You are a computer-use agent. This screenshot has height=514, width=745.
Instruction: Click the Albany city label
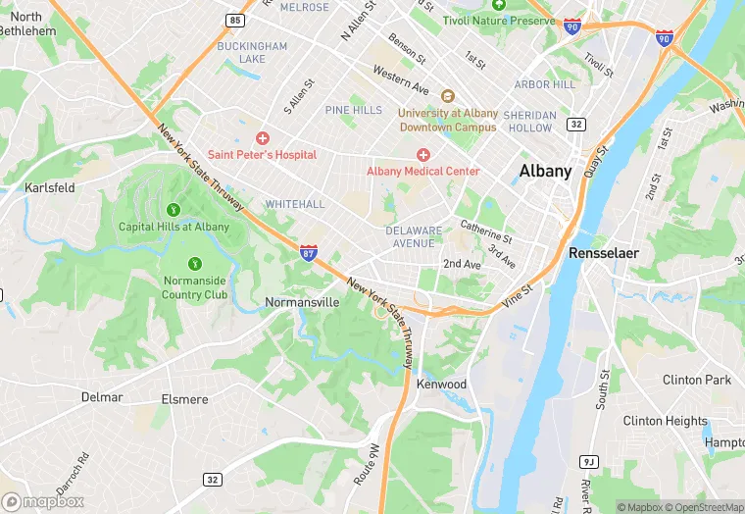545,171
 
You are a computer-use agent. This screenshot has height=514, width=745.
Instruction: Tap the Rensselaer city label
604,253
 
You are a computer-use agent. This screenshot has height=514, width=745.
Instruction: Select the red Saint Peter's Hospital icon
262,138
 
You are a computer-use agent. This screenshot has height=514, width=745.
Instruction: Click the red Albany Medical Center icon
423,155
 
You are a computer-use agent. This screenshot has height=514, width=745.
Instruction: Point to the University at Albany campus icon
448,96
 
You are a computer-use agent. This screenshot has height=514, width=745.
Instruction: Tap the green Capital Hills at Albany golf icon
174,209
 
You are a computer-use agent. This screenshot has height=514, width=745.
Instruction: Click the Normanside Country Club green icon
195,263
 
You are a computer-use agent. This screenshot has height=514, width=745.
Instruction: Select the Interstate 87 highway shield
309,252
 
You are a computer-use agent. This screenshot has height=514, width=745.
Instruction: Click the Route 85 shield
233,20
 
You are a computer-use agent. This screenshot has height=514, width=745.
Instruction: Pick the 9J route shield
588,461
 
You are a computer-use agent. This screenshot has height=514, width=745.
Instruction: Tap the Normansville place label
302,302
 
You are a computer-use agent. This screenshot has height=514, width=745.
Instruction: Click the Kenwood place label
441,384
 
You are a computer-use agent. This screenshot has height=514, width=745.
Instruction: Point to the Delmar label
102,397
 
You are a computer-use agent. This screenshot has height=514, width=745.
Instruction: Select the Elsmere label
184,399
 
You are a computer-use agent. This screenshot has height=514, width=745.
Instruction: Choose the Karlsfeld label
50,187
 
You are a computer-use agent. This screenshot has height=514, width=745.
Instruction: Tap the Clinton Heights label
665,421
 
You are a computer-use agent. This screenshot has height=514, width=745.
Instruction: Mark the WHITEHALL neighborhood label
294,204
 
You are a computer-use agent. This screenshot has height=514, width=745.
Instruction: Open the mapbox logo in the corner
43,501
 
